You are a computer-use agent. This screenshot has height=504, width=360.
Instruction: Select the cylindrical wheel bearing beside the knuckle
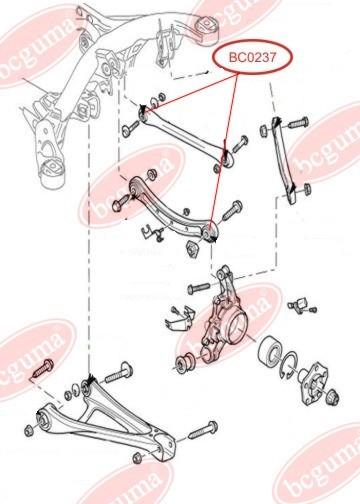271,351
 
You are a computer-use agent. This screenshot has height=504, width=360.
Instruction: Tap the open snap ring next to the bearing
289,365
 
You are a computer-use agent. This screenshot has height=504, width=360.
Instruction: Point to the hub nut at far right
332,397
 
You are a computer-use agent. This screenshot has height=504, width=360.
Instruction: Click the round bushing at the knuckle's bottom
184,362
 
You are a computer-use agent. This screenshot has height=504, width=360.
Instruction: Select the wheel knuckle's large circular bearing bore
237,328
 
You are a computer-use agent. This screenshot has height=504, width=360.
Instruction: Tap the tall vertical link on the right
283,160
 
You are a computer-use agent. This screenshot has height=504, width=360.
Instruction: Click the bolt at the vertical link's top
298,122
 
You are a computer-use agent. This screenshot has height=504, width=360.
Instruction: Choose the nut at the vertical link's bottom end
307,188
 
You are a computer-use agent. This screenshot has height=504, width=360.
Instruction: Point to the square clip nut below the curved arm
192,248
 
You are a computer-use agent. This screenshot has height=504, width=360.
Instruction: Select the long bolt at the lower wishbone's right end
203,431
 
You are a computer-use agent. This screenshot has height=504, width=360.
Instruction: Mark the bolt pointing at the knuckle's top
199,287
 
